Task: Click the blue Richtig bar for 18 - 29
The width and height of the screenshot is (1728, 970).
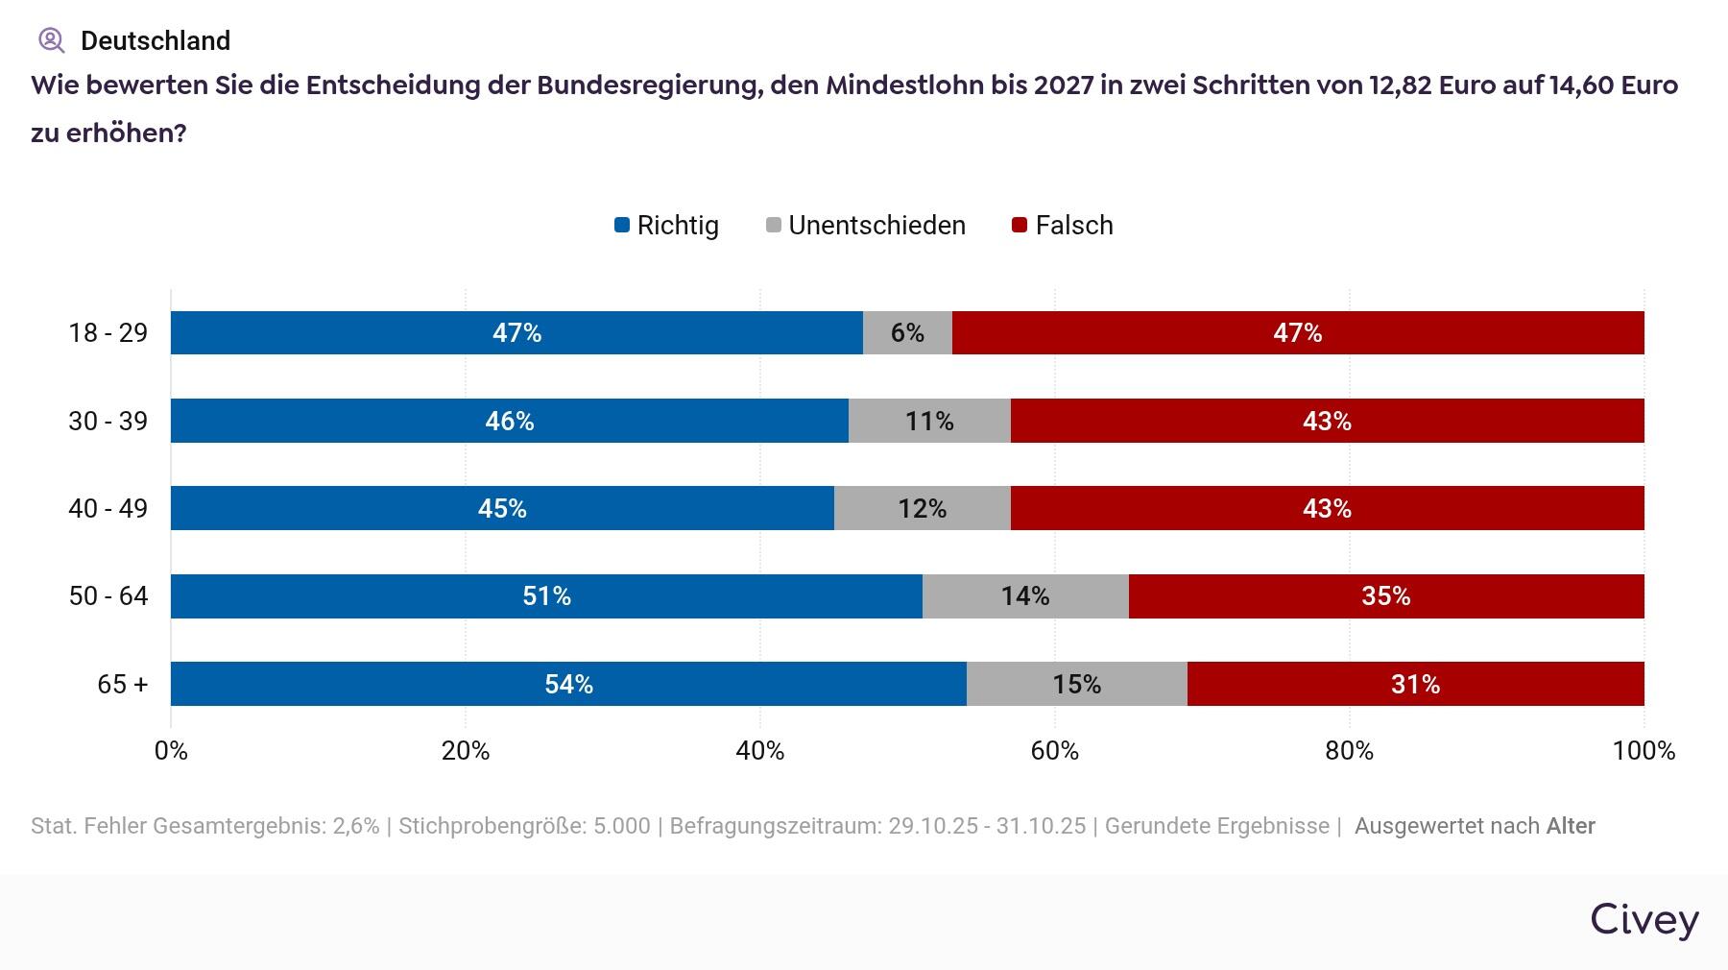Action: pyautogui.click(x=516, y=332)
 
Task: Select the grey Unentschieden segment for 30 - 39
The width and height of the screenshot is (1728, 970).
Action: pyautogui.click(x=929, y=421)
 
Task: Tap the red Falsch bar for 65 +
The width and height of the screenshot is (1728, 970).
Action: pyautogui.click(x=1415, y=684)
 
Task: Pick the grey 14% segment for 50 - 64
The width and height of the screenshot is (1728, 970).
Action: pyautogui.click(x=1025, y=596)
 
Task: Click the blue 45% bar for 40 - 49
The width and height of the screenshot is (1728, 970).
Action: pyautogui.click(x=502, y=508)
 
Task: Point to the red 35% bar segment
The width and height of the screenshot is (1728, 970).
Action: pyautogui.click(x=1385, y=596)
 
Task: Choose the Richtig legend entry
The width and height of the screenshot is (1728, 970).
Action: pyautogui.click(x=666, y=226)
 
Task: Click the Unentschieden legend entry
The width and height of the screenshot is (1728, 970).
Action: pyautogui.click(x=866, y=226)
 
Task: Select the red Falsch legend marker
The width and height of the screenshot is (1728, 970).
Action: pyautogui.click(x=1020, y=226)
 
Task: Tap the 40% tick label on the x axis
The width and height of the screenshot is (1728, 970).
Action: pyautogui.click(x=760, y=751)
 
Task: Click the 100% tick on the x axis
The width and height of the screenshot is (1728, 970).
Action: pyautogui.click(x=1644, y=751)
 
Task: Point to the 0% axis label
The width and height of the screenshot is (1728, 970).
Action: pyautogui.click(x=171, y=751)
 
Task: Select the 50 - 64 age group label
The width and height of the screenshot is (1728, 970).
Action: pyautogui.click(x=108, y=596)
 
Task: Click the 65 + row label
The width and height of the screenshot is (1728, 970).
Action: pyautogui.click(x=123, y=684)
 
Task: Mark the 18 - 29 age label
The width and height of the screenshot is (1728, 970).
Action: pyautogui.click(x=108, y=333)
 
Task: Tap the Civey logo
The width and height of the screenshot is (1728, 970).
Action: pyautogui.click(x=1644, y=919)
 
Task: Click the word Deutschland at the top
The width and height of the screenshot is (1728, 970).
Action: pyautogui.click(x=156, y=41)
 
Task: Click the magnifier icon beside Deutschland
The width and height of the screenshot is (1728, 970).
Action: pyautogui.click(x=51, y=40)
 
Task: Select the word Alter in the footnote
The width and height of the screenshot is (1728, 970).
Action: pyautogui.click(x=1571, y=826)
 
